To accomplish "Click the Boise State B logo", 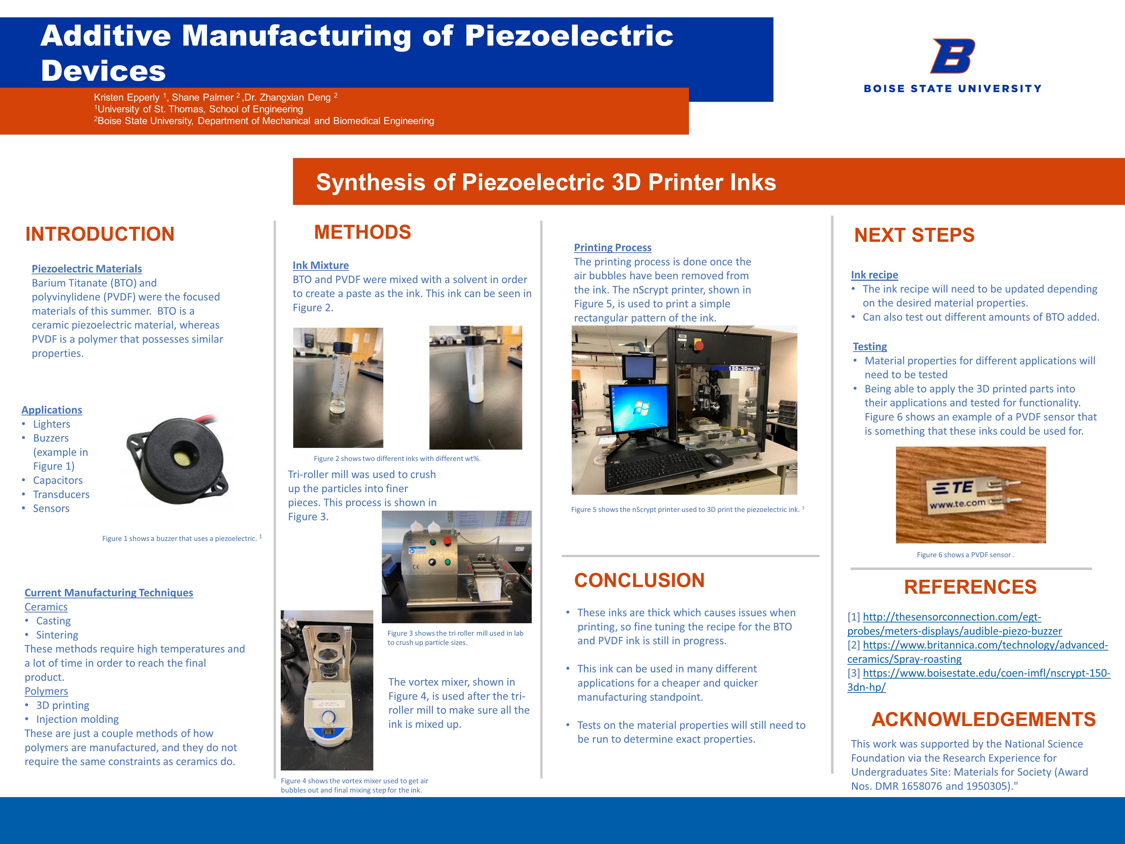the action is click(953, 56).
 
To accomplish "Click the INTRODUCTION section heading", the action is click(100, 234).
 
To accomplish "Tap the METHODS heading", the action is click(363, 232).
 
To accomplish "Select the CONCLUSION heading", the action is click(639, 580).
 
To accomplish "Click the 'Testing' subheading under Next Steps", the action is click(870, 347).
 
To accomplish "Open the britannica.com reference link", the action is click(978, 652).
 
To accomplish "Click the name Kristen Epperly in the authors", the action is click(127, 97).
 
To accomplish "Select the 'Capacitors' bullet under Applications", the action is click(57, 480).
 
